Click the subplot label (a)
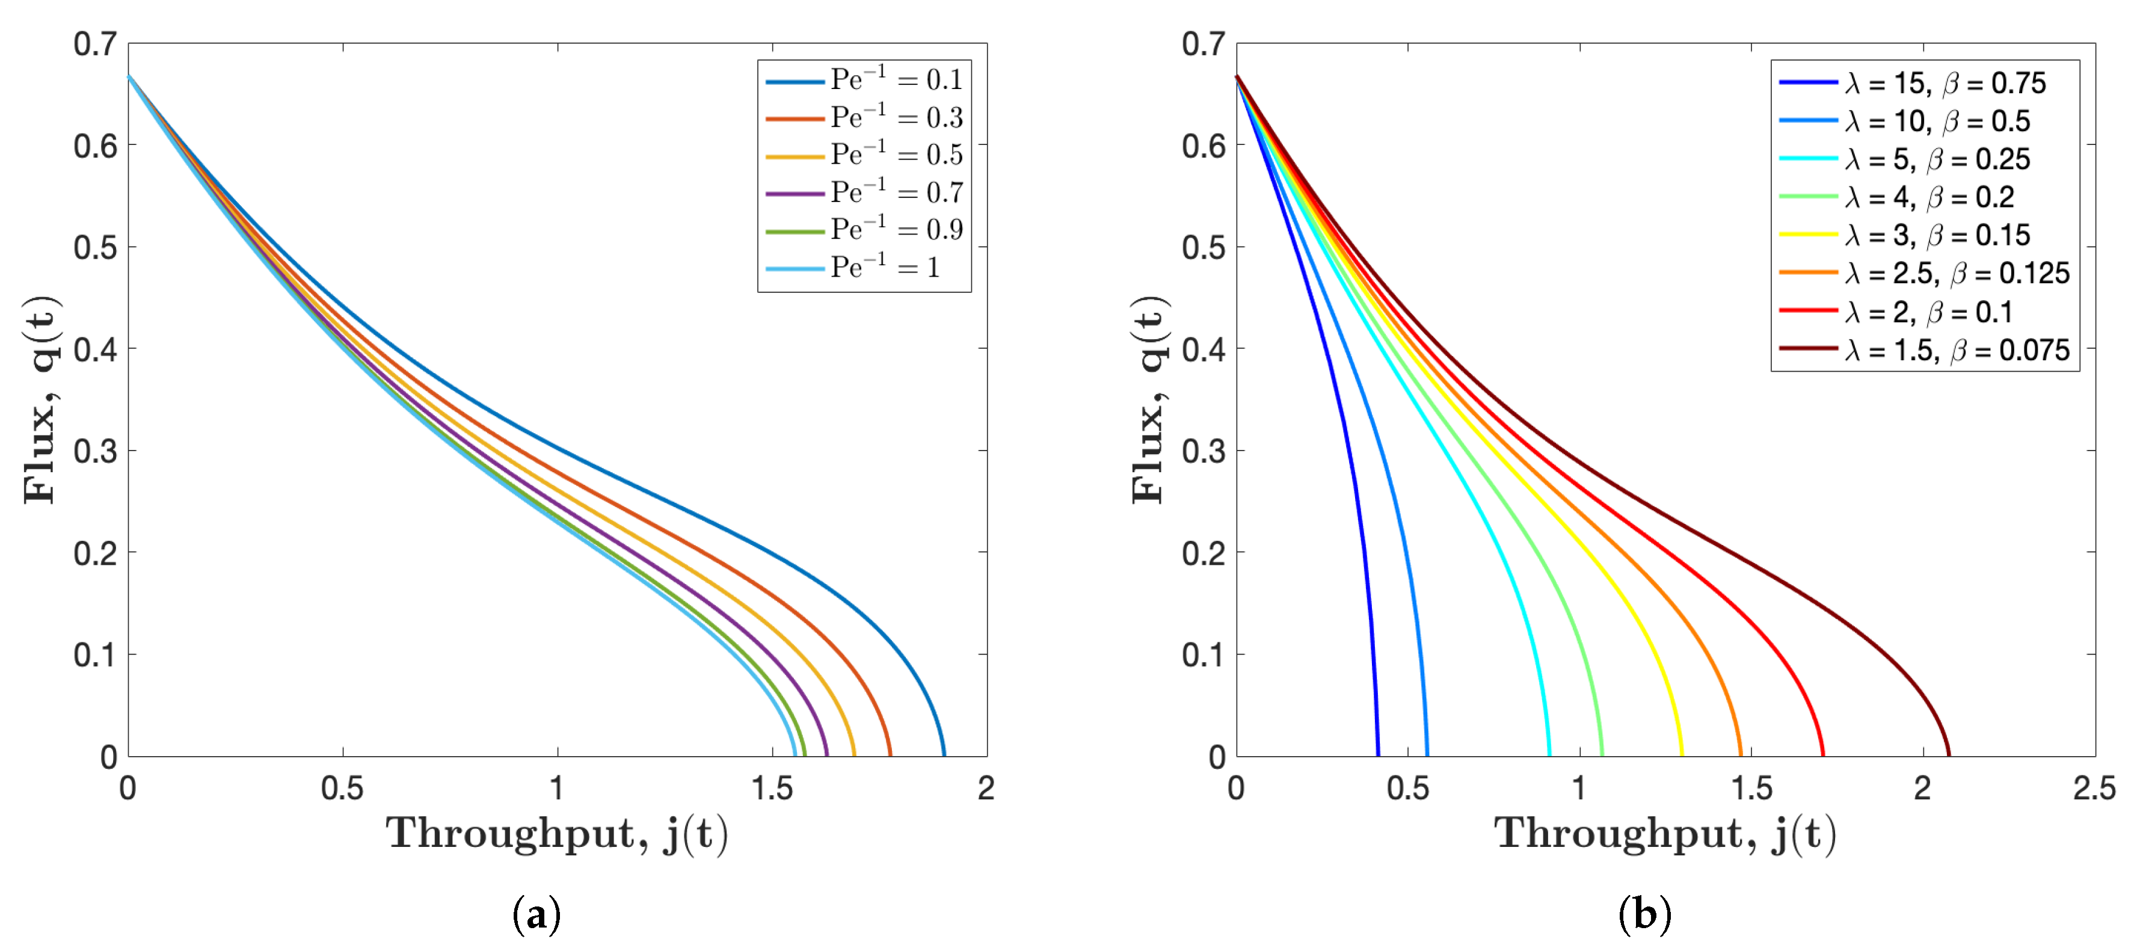pos(537,914)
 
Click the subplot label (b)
pos(1645,914)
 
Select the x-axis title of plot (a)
pos(556,833)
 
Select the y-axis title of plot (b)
pos(1150,399)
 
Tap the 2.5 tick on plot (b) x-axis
pos(2094,787)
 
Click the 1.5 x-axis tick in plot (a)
pos(772,787)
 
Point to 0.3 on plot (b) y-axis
pos(1203,451)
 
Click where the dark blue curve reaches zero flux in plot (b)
pos(1378,755)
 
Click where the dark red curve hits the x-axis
pos(1949,755)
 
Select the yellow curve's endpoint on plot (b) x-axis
pos(1682,755)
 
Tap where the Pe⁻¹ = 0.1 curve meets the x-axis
pos(944,755)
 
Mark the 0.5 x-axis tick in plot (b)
pos(1407,787)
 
